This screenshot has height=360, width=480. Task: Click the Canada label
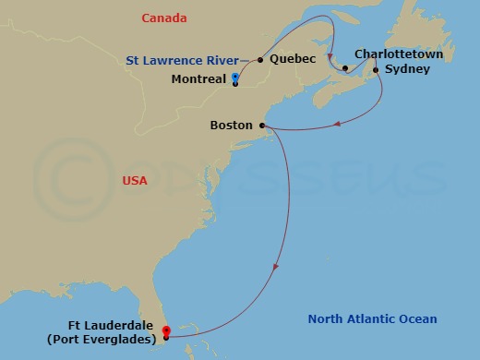164,18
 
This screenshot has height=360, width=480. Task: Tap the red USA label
135,181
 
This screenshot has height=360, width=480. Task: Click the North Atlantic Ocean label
372,319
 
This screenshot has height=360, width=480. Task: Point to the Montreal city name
199,79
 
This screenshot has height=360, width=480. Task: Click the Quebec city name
293,60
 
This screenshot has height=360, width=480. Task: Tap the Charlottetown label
399,54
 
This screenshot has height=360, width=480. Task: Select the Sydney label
407,69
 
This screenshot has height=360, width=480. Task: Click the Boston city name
231,125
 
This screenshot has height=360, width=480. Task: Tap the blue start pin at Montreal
236,78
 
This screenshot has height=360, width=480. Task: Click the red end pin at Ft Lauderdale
165,331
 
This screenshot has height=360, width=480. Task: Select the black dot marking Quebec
260,60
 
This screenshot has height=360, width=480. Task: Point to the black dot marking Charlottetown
344,68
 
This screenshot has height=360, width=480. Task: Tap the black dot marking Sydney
376,69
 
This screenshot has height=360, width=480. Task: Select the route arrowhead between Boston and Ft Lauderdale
275,269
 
